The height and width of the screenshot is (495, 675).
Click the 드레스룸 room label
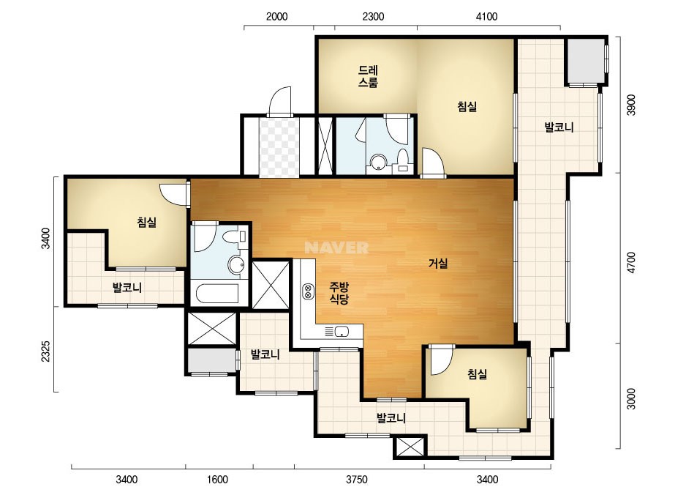tap(368, 76)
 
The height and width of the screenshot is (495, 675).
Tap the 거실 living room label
tap(438, 263)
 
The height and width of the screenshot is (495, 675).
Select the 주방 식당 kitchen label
tap(339, 293)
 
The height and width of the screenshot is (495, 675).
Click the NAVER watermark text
tap(336, 247)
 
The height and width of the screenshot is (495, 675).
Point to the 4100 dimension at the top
tap(487, 17)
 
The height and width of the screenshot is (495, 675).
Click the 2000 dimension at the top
tap(277, 17)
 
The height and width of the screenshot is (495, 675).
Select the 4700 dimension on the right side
tap(630, 263)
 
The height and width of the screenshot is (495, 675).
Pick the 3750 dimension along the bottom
tap(357, 480)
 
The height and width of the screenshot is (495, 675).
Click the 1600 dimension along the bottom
tap(217, 480)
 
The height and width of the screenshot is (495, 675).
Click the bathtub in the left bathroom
tap(217, 294)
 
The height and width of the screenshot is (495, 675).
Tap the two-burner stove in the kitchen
tap(308, 291)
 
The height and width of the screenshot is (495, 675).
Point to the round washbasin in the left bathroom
tap(236, 264)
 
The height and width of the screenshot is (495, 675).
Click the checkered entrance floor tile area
tap(279, 146)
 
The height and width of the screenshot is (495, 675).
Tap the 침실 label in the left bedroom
tap(147, 223)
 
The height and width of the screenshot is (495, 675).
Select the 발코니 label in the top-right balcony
tap(559, 127)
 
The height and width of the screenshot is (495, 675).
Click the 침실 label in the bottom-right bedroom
tap(478, 374)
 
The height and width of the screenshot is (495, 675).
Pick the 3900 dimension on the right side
tap(630, 105)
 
